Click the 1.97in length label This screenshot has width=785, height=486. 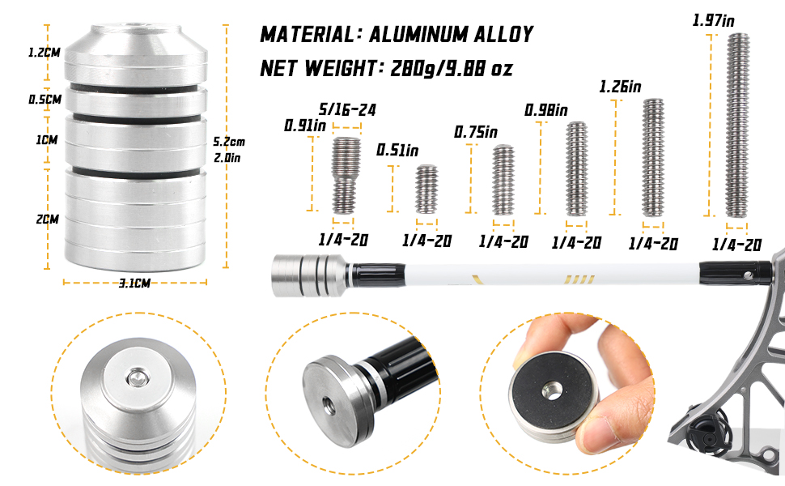coord(714,20)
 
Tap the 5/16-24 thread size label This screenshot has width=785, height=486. coord(347,109)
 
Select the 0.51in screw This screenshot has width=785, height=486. coord(426,190)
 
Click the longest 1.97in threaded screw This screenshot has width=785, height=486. coord(737,126)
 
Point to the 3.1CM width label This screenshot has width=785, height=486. coord(134,283)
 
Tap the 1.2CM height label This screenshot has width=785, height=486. coord(44,52)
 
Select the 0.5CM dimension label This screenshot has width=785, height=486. coord(45,99)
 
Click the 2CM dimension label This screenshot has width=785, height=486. coord(48,219)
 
